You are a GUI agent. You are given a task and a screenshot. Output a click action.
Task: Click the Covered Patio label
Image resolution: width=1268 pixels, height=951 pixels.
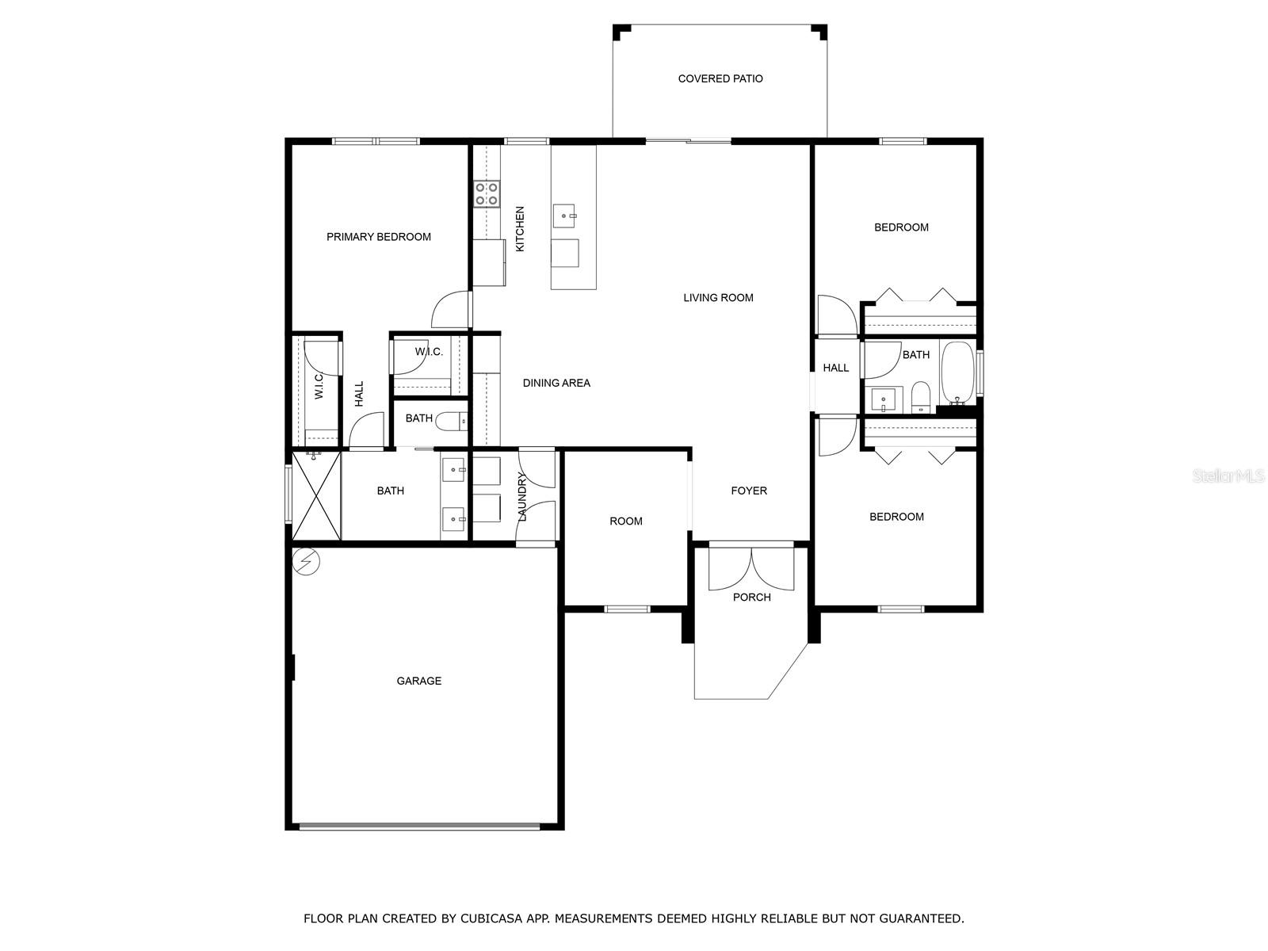720,78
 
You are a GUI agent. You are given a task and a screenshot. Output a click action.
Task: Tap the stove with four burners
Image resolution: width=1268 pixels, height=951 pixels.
487,194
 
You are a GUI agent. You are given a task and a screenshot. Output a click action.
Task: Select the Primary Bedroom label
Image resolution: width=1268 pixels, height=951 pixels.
378,237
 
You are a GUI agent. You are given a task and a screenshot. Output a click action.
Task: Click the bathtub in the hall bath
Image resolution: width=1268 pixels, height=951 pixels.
957,373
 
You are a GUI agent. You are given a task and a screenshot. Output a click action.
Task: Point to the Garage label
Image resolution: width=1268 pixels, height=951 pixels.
418,681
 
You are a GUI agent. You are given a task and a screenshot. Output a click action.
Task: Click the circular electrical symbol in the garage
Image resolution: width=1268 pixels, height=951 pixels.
306,560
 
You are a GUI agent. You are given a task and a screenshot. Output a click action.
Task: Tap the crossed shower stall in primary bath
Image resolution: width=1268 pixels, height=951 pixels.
316,495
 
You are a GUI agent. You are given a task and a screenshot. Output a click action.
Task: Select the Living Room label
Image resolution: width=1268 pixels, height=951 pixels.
718,298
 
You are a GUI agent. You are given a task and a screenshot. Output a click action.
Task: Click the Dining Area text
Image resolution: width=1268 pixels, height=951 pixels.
556,383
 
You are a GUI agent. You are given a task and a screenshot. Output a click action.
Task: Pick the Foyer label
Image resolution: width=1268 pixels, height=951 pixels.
749,491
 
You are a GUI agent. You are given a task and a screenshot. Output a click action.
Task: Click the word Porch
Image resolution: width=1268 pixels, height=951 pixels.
751,597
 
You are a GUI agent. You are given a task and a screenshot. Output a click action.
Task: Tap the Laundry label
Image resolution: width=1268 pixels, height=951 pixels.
522,497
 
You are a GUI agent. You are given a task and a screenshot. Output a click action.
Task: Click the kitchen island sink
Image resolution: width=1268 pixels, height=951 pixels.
563,216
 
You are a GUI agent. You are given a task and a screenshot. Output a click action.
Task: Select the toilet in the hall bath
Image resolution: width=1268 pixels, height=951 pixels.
920,397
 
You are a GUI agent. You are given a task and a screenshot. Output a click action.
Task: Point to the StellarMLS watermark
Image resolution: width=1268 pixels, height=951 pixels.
1228,475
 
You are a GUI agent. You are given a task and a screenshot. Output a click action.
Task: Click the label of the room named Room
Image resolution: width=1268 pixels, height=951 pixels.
625,521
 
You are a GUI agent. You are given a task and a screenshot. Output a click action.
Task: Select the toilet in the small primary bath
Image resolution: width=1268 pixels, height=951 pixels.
451,422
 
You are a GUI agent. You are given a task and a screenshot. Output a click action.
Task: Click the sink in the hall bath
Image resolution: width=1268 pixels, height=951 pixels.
884,399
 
